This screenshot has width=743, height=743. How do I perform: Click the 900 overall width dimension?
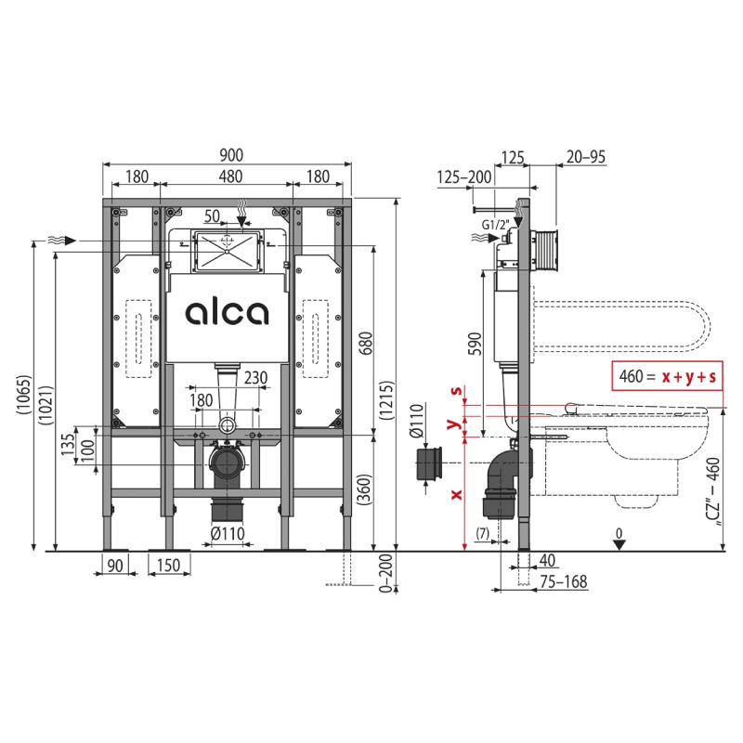pos(231,155)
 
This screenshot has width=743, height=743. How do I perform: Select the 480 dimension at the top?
pos(230,176)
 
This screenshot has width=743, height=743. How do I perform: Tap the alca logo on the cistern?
pos(227,312)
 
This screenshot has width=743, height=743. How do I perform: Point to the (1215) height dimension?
pos(387,400)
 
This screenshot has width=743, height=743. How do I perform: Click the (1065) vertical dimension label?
pos(24,394)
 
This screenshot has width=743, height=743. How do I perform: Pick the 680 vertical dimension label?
pos(366,343)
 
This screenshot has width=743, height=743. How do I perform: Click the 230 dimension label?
pos(256,378)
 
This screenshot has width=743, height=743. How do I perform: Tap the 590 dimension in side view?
pos(475,344)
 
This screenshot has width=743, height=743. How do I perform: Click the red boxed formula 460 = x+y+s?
pos(667,376)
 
